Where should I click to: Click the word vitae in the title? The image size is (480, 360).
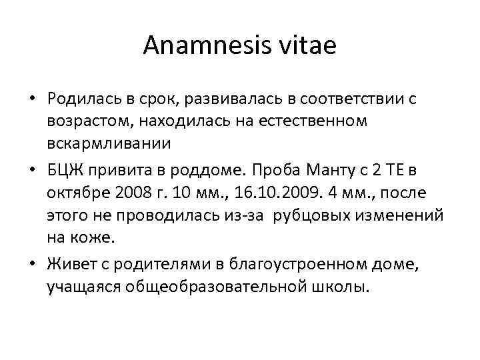[313, 47]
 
